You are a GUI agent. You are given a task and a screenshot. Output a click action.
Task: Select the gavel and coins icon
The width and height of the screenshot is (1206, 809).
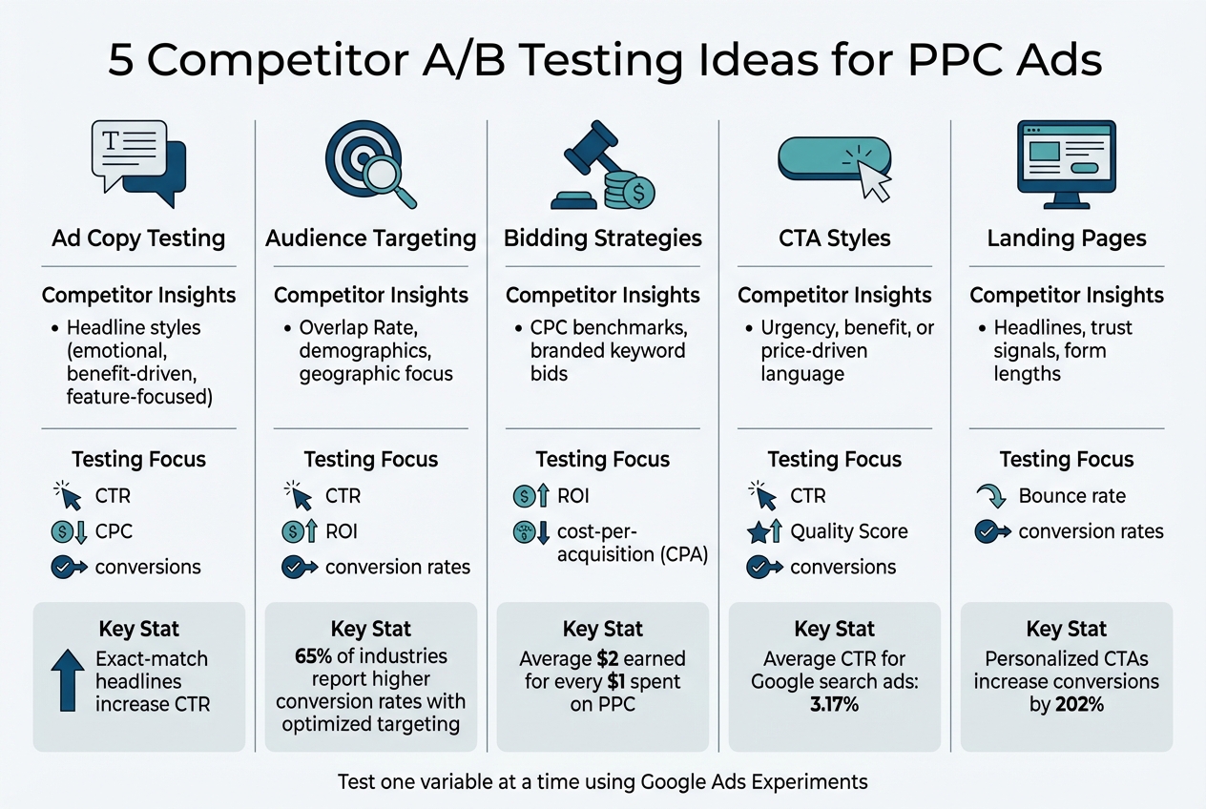(x=602, y=168)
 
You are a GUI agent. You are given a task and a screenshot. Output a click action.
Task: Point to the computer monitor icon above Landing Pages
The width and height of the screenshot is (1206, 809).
(x=1066, y=163)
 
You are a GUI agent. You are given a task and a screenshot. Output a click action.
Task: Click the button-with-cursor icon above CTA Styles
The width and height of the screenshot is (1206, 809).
(x=835, y=162)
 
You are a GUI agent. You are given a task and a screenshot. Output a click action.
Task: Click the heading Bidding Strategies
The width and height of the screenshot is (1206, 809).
(x=603, y=239)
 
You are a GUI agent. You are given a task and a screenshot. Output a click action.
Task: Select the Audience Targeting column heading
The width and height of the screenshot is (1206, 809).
(x=370, y=239)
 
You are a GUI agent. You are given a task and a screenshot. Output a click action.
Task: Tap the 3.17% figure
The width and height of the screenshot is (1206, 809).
(x=835, y=705)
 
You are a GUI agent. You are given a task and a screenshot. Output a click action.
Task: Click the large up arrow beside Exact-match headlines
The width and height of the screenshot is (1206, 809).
(x=67, y=680)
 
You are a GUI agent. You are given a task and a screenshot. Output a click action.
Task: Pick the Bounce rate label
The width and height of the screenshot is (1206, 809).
(x=1071, y=496)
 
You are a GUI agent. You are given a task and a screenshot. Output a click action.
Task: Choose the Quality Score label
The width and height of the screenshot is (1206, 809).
(x=849, y=531)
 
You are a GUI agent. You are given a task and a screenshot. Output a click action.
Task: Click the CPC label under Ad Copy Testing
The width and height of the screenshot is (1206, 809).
(x=114, y=531)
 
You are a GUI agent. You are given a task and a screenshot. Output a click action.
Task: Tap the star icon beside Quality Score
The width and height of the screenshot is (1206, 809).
(x=759, y=531)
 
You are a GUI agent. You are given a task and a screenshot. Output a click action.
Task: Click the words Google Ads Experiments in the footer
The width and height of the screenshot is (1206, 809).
(x=754, y=782)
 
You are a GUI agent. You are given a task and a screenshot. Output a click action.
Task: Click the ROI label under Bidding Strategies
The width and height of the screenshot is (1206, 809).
(x=573, y=496)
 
